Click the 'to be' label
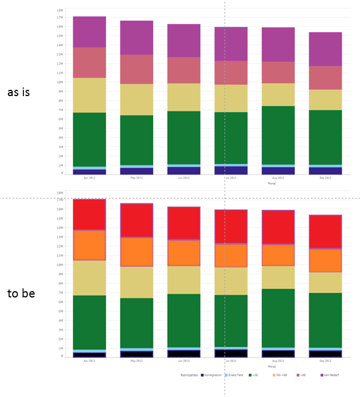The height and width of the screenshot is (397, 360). [x=21, y=293]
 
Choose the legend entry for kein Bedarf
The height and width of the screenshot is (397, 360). [x=330, y=375]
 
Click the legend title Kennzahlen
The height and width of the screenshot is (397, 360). [x=189, y=375]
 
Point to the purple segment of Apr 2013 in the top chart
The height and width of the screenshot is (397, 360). [x=89, y=32]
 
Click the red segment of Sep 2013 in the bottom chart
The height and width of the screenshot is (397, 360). [x=325, y=232]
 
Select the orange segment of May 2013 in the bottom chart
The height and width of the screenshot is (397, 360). [x=137, y=252]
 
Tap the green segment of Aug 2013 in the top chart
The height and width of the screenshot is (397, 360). [x=278, y=135]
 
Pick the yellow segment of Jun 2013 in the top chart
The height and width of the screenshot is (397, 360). [x=183, y=97]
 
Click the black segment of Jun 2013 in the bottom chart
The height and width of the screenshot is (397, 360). [x=183, y=354]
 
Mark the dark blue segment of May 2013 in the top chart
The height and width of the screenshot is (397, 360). [x=137, y=171]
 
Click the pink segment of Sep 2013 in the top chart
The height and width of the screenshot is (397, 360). [x=325, y=78]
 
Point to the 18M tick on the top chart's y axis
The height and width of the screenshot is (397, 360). [x=60, y=10]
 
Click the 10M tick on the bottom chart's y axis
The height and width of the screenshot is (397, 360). [x=60, y=265]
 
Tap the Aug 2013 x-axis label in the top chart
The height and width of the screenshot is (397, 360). [x=278, y=178]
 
